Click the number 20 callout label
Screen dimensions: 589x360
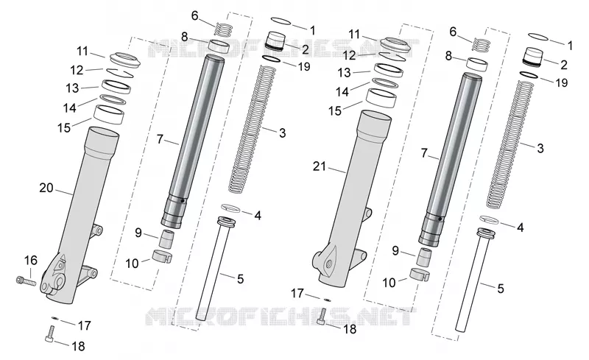click(x=46, y=188)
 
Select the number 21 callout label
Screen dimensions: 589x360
click(x=320, y=166)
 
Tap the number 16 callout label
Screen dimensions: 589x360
click(x=31, y=260)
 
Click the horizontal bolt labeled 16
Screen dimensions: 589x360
click(x=26, y=280)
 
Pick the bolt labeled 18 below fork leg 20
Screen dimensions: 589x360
click(x=51, y=334)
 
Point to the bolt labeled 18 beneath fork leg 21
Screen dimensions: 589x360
click(x=322, y=317)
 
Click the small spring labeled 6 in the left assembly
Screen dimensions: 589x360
click(x=224, y=29)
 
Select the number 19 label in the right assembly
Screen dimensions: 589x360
click(x=561, y=82)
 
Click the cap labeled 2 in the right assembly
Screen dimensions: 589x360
click(x=532, y=57)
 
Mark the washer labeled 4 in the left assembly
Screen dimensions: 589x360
click(x=230, y=208)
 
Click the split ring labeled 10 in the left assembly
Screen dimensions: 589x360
click(x=162, y=256)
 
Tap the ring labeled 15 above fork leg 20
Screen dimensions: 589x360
click(x=109, y=115)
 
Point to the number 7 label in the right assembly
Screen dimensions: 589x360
click(x=424, y=153)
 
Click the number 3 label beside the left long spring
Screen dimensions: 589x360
click(x=282, y=133)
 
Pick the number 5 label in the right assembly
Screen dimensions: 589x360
click(x=501, y=289)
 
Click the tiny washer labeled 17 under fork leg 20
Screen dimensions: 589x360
click(x=54, y=318)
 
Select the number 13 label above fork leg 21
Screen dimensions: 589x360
click(x=344, y=73)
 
